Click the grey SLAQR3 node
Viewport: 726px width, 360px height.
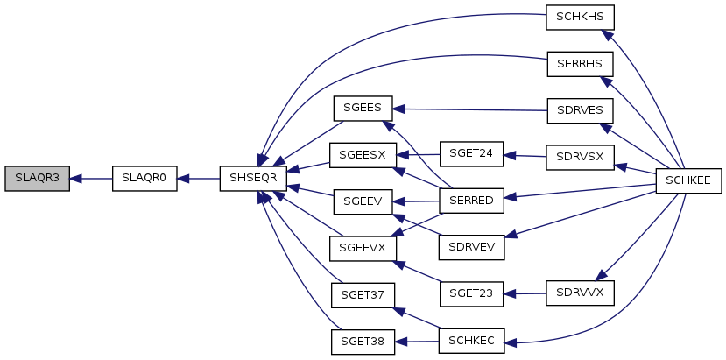pyautogui.click(x=37, y=178)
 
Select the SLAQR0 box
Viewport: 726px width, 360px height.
pyautogui.click(x=144, y=178)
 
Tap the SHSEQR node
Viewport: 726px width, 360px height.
pyautogui.click(x=253, y=178)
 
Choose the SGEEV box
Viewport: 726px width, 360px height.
pyautogui.click(x=362, y=201)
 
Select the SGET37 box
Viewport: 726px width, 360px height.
pyautogui.click(x=362, y=293)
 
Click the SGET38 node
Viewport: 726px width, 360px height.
pyautogui.click(x=362, y=341)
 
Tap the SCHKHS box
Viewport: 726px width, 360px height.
pyautogui.click(x=580, y=18)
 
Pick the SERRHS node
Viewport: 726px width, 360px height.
pyautogui.click(x=580, y=65)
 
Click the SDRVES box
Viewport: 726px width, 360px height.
pyautogui.click(x=580, y=110)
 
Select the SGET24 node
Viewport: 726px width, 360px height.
pyautogui.click(x=471, y=154)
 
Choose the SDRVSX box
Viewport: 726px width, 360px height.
pyautogui.click(x=580, y=158)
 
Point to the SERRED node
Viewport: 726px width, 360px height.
pyautogui.click(x=471, y=201)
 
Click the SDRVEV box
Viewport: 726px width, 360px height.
pyautogui.click(x=471, y=248)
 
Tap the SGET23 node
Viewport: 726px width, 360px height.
pyautogui.click(x=471, y=293)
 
